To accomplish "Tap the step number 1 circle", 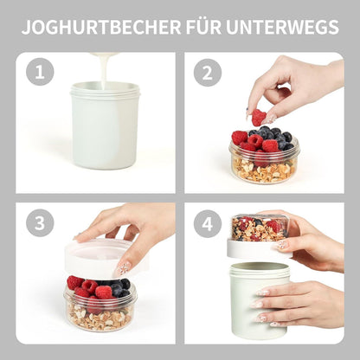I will point(40,73).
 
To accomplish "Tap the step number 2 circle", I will point(207,73).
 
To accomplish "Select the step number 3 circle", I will point(40,222).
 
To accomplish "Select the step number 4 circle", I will point(207,222).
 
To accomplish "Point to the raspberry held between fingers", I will point(258,116).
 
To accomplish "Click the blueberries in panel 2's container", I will point(273,136).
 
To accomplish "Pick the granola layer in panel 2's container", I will point(263,168).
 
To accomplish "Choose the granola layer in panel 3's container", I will point(99,317).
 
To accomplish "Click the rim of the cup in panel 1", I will point(105,87).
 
